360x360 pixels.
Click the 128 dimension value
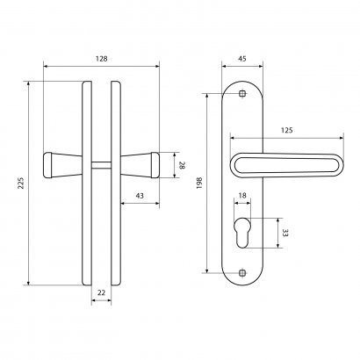(x=101, y=59)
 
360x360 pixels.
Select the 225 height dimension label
(x=21, y=183)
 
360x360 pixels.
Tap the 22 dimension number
(x=101, y=292)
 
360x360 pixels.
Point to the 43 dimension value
(x=140, y=196)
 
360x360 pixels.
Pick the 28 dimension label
(x=182, y=165)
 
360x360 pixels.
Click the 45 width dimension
(x=241, y=59)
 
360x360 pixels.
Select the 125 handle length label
(x=287, y=130)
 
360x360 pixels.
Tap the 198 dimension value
(x=199, y=183)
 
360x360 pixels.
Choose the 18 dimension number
(x=242, y=195)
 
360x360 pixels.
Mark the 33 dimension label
(x=285, y=233)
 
